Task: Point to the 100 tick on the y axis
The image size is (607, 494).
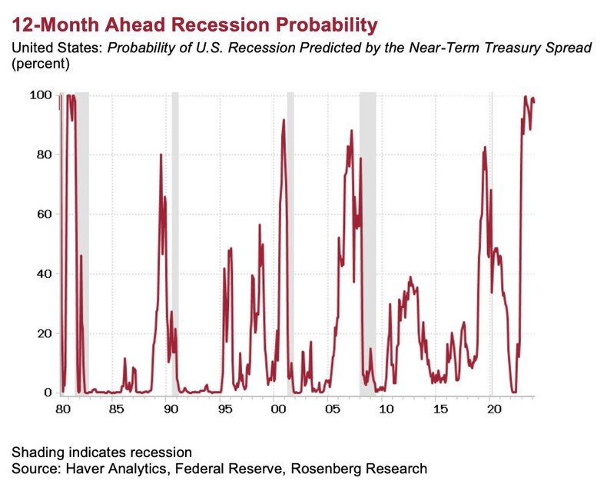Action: [x=40, y=94]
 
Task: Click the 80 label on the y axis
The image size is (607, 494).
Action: [x=43, y=154]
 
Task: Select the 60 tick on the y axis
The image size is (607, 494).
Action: [x=43, y=214]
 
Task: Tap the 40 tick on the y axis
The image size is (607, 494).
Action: [x=43, y=274]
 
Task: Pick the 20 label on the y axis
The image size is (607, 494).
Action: [x=43, y=333]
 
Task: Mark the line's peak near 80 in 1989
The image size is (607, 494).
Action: [x=161, y=155]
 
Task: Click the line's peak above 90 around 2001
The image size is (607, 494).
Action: [x=284, y=120]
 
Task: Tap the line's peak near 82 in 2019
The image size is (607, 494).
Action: [x=485, y=148]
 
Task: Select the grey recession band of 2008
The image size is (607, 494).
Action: [x=368, y=230]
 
